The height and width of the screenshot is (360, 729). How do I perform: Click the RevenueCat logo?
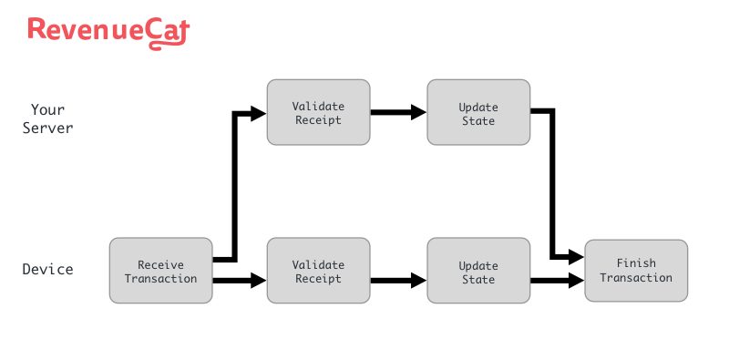108,30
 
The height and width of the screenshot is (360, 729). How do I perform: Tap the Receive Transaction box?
160,271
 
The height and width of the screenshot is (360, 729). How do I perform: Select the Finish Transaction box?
636,271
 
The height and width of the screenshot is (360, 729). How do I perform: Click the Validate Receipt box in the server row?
319,112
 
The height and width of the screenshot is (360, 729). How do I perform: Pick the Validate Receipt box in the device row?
319,271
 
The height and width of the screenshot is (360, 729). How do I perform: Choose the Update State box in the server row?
478,112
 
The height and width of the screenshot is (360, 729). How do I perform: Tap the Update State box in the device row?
478,271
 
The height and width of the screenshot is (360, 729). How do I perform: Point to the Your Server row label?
47,118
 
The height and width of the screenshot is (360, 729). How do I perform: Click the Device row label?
47,270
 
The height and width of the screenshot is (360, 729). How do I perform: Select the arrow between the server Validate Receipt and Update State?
398,112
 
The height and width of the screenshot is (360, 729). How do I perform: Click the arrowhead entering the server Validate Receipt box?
258,112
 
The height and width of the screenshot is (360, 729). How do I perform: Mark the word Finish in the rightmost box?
636,263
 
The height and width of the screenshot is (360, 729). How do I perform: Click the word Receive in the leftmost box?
160,264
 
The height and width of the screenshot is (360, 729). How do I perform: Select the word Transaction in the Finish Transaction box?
636,278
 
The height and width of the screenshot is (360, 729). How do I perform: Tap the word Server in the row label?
47,128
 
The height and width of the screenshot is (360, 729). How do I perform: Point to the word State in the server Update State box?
478,119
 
